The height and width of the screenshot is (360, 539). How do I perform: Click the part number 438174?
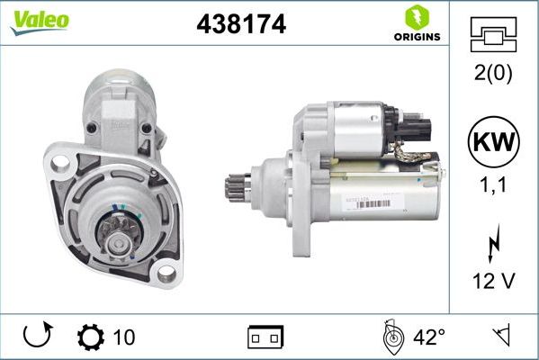coord(240,25)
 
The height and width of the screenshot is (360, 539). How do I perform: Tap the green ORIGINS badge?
coord(416,23)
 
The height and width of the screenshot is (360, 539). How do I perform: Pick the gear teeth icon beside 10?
coord(91,337)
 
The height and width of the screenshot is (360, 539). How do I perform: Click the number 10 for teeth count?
coord(124,337)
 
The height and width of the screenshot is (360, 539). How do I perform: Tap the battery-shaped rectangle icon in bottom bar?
coord(265,337)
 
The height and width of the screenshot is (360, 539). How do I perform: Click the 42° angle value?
coord(429,337)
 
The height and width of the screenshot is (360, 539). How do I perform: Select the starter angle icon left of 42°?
coord(391,337)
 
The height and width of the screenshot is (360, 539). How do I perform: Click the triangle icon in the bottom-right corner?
coord(500,337)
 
